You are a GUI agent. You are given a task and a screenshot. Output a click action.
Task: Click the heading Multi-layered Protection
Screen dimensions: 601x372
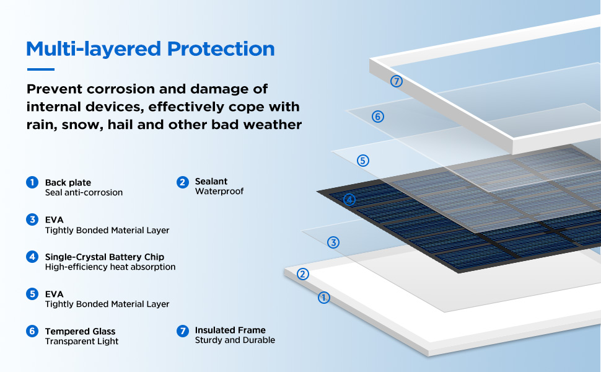point(151,48)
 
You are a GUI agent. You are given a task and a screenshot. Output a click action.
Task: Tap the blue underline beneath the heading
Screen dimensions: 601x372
point(40,69)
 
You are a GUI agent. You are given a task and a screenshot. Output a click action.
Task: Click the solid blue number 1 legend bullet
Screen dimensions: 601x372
point(32,182)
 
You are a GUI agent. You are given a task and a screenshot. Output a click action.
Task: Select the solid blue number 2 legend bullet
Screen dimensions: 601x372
point(182,182)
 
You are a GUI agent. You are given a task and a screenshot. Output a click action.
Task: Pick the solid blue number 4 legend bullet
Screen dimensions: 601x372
point(32,257)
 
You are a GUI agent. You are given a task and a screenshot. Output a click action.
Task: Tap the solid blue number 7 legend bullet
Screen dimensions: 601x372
point(182,331)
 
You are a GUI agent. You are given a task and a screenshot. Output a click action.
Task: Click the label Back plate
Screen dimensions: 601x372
point(68,182)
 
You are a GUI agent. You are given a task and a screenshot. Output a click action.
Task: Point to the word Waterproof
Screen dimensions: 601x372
point(219,192)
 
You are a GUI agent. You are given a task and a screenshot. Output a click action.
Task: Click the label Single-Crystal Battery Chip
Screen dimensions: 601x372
point(105,257)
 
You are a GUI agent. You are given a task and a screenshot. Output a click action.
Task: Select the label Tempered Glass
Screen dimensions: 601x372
point(81,331)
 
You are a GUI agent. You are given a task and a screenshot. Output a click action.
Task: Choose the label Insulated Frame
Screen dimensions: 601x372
point(230,330)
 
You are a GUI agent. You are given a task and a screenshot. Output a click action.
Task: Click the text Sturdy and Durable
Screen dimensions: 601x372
point(235,340)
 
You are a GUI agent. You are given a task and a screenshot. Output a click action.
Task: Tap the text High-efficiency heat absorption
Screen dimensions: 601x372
point(110,267)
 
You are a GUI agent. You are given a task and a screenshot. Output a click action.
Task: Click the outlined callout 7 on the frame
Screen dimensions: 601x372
point(397,81)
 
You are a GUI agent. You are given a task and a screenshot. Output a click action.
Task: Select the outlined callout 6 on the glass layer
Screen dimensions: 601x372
point(378,117)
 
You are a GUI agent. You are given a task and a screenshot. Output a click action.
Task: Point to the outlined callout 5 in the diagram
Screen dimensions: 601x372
point(363,161)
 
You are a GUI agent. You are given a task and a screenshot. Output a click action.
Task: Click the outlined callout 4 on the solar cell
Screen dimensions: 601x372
point(349,200)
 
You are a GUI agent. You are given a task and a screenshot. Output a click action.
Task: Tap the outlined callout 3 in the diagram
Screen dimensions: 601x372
point(333,242)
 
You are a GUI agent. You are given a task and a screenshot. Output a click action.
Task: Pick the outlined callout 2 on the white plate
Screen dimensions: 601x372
point(303,274)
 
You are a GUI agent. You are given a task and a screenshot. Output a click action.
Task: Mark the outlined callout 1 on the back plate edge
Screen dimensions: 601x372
point(323,298)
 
